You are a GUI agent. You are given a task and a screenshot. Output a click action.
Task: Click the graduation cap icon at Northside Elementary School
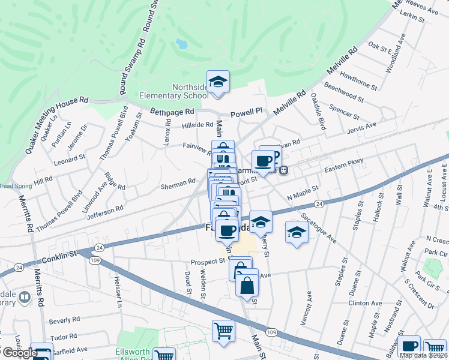point(218,82)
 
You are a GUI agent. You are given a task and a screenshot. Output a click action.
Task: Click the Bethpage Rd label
point(172,112)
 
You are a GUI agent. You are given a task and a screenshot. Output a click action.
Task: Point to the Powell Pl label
point(247,112)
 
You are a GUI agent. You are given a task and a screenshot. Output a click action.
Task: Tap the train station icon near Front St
point(284,169)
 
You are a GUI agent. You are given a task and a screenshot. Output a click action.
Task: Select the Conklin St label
point(61,255)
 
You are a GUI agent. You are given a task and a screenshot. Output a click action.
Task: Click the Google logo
point(19,353)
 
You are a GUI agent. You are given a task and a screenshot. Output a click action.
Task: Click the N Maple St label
point(302,192)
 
